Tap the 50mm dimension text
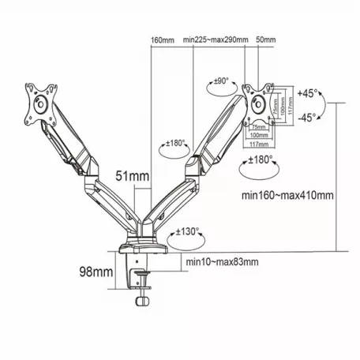point(265,39)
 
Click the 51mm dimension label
point(129,176)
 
